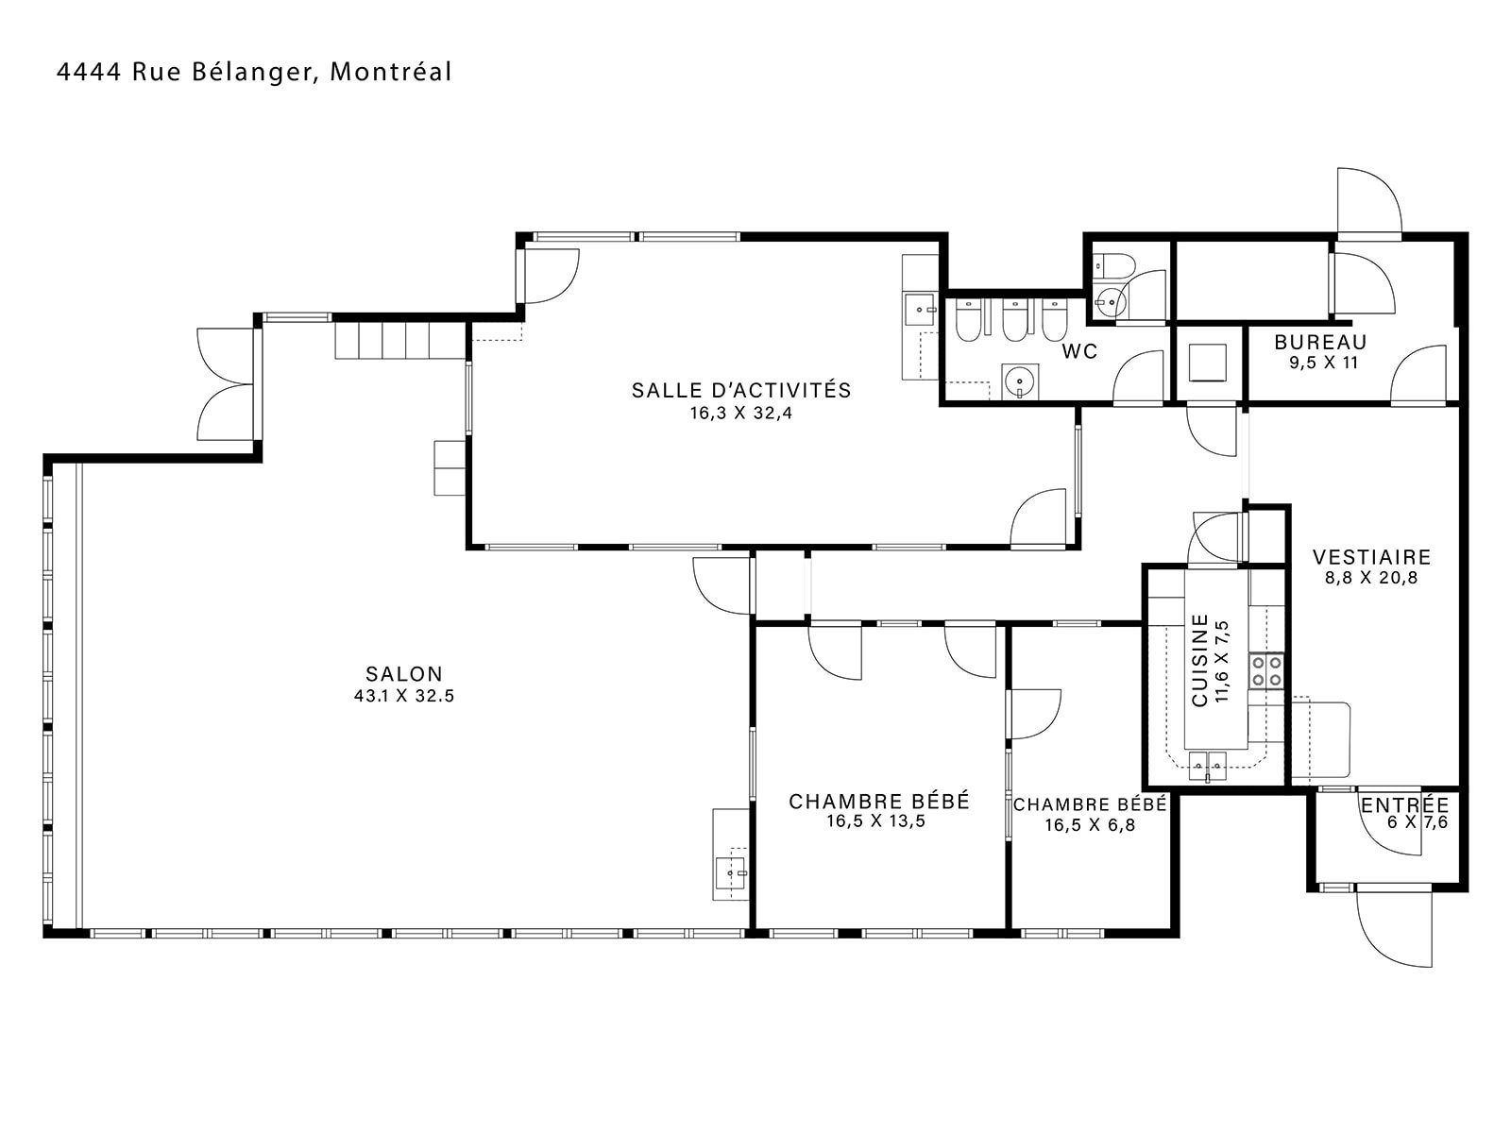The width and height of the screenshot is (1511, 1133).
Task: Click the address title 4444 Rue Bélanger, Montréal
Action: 254,73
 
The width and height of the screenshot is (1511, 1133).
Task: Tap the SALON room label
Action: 404,673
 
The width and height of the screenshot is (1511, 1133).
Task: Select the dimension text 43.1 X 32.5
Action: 404,696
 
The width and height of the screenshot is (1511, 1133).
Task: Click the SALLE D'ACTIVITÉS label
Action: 741,390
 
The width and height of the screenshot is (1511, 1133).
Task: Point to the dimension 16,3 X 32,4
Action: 741,414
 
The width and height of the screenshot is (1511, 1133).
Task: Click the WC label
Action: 1079,351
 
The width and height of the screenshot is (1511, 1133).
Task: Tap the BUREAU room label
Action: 1320,342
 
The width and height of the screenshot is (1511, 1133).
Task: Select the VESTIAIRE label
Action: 1371,556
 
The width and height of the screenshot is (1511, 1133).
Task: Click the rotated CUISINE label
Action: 1200,660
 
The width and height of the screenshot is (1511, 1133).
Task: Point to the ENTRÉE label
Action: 1405,804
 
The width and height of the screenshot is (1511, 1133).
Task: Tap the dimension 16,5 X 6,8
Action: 1090,825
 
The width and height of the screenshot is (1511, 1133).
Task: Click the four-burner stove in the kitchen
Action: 1266,671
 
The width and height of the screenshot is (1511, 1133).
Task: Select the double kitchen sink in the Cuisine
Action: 1208,766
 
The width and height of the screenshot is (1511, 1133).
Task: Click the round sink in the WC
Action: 1020,380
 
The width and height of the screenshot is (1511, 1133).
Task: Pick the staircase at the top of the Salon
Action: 400,341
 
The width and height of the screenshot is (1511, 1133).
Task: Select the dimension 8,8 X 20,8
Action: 1371,578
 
